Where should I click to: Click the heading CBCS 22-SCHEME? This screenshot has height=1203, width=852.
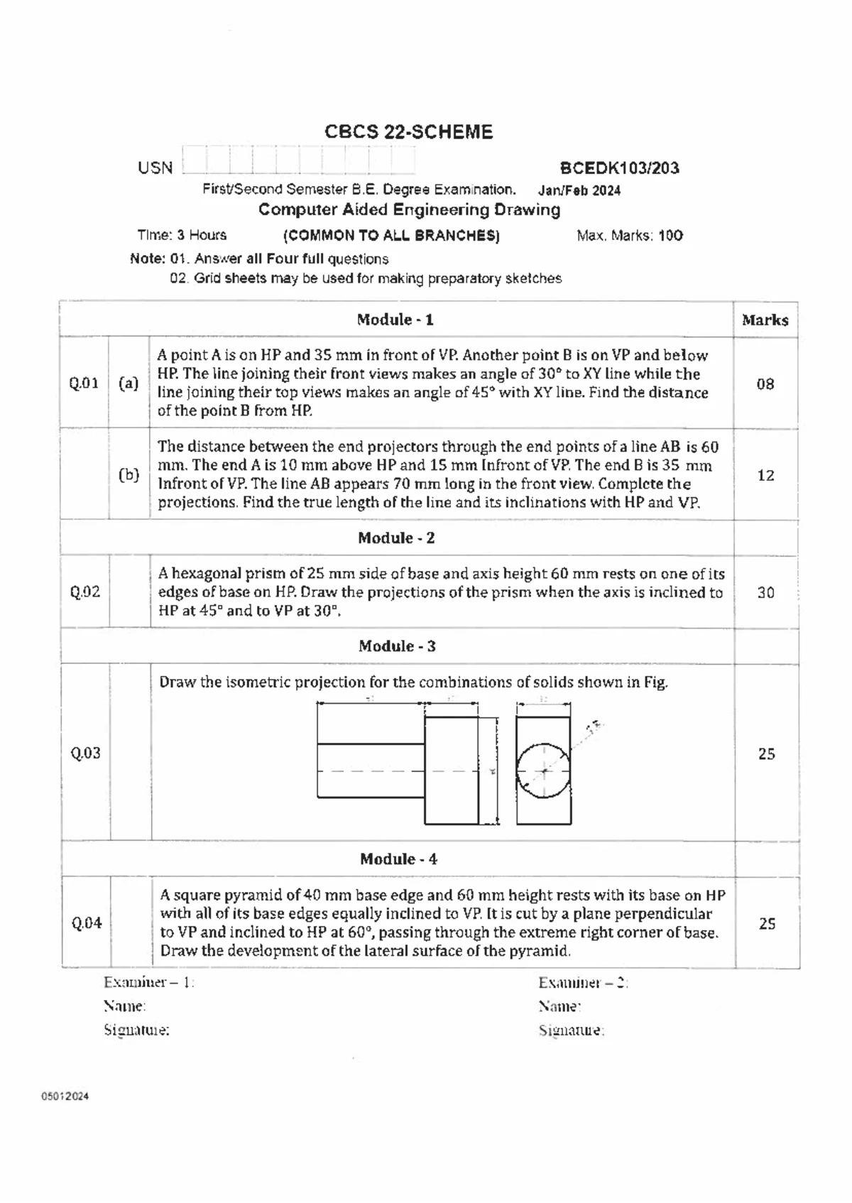408,132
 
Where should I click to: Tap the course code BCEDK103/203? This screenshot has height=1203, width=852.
619,168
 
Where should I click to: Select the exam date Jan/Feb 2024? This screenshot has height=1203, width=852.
579,190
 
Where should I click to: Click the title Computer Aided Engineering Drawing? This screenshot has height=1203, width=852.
409,209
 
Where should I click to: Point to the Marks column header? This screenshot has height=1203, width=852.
765,320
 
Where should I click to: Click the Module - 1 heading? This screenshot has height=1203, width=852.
395,320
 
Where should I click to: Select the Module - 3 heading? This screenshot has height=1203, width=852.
397,646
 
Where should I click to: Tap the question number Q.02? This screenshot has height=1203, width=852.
85,592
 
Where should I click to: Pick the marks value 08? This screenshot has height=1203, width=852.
765,384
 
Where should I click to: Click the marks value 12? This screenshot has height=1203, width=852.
765,475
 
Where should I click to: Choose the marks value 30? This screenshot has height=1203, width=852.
765,592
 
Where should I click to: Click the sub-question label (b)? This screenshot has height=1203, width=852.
129,475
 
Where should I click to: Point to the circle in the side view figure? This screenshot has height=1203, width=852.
543,771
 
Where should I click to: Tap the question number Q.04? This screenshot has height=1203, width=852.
87,923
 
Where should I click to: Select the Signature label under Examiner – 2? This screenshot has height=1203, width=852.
572,1030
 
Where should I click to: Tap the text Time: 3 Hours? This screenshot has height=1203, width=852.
182,235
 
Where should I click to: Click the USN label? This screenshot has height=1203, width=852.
155,168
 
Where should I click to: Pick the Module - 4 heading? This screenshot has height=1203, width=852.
398,859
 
